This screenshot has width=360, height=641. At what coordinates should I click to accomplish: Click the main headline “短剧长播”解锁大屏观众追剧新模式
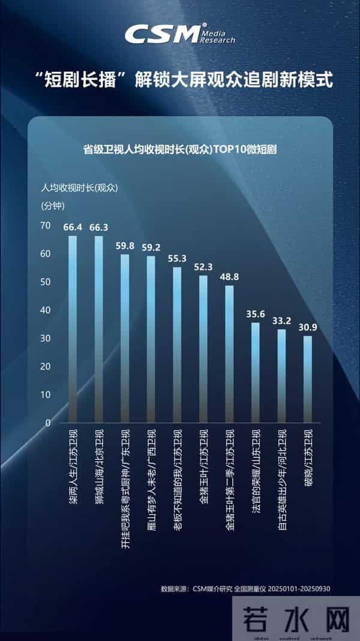coord(180,80)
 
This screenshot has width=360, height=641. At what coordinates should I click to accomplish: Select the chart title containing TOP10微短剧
coord(180,150)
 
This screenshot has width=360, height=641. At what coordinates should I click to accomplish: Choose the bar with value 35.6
coord(255,372)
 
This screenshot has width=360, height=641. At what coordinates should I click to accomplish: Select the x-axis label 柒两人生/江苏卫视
coord(73,468)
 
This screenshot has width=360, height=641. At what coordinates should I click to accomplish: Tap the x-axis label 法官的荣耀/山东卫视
coord(256,471)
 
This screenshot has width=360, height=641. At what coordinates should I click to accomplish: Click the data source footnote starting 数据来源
coord(245,589)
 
